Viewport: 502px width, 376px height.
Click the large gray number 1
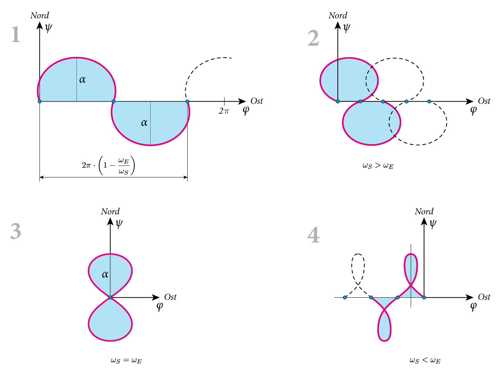click(16, 34)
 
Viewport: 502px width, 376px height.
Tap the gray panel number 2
click(313, 38)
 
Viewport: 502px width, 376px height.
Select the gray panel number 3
click(16, 231)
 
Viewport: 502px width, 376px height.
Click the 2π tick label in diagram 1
click(224, 111)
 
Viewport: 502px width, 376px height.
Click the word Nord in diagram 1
click(40, 15)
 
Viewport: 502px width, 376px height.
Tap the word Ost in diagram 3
click(170, 297)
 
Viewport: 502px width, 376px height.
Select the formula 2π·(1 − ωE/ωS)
click(108, 166)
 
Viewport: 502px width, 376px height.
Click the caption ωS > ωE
click(378, 166)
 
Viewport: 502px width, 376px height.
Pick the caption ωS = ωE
click(126, 361)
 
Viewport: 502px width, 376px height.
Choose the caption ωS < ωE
click(425, 361)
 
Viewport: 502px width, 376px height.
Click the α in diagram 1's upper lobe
click(82, 79)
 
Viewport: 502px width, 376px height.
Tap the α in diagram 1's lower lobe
click(144, 123)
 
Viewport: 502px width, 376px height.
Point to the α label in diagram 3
click(105, 274)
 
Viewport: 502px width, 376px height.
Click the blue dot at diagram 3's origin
click(110, 297)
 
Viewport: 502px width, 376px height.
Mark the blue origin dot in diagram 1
click(40, 101)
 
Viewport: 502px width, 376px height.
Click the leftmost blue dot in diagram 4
click(345, 297)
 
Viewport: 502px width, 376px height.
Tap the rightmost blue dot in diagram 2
click(429, 101)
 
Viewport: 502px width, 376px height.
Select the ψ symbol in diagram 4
click(433, 224)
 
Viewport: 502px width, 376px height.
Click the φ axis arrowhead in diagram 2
click(470, 101)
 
